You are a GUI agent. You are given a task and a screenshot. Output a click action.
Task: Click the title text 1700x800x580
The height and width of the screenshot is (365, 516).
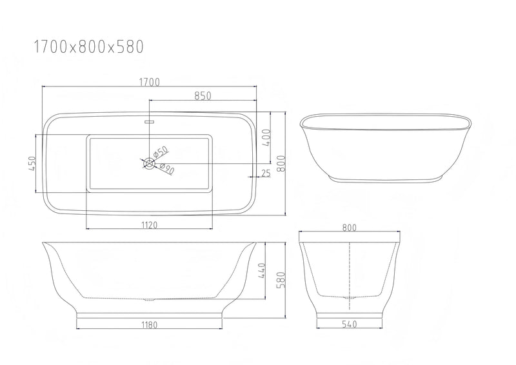[88, 46]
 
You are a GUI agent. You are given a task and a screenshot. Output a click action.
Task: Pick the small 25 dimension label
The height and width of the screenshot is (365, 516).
[266, 172]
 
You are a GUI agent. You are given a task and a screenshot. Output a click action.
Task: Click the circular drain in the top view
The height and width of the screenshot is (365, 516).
[148, 163]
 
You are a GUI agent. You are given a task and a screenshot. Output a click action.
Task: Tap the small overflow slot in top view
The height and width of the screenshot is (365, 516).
[148, 121]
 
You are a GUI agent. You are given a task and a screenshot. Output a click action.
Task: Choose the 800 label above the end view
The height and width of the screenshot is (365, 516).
[350, 227]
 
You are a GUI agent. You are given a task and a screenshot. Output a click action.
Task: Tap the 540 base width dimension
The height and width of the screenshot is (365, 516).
[350, 324]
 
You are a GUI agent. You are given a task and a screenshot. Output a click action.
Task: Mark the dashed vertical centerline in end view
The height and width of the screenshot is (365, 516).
[350, 271]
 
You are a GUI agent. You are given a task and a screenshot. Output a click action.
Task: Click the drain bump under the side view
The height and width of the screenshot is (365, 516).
[149, 300]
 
